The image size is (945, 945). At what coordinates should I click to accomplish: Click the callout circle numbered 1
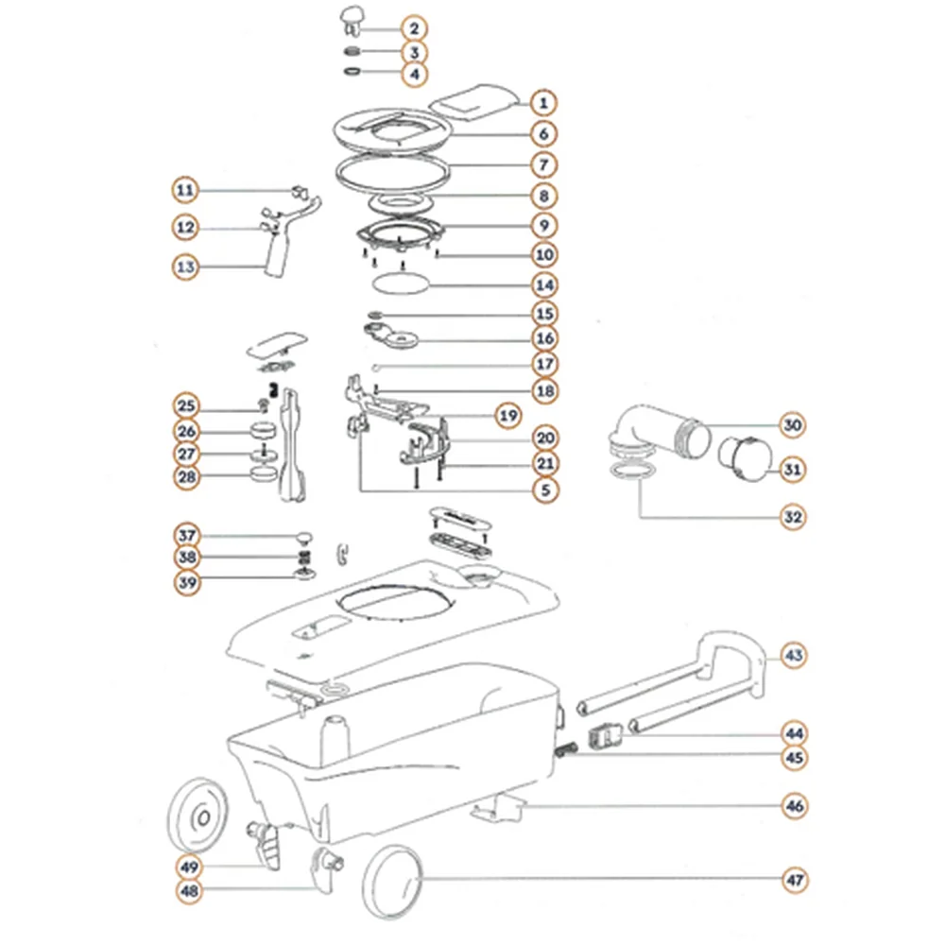543,103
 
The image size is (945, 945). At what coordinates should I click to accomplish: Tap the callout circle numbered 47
795,880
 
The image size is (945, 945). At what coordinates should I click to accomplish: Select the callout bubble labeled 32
793,517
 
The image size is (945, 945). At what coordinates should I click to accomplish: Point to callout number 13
185,266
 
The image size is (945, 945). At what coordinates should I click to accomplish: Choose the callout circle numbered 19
508,415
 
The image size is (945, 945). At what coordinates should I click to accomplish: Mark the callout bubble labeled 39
187,583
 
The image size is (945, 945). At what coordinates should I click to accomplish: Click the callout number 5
545,490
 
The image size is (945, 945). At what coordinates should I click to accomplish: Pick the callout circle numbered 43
794,655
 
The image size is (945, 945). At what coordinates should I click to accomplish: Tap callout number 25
186,405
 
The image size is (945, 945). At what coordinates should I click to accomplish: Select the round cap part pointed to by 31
745,460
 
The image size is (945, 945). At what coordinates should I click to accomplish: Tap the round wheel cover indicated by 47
392,882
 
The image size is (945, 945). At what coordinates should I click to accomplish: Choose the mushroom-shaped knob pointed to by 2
352,21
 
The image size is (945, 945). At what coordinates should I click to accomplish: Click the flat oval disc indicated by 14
400,283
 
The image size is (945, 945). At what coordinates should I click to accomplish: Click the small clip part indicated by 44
605,738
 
